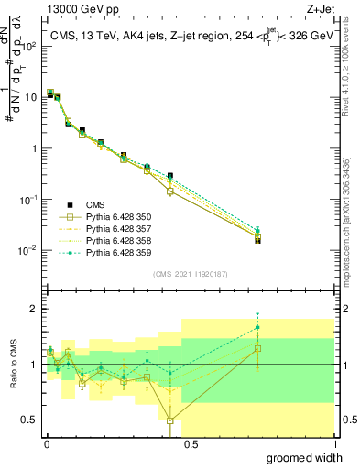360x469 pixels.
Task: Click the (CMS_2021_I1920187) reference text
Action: tap(191, 274)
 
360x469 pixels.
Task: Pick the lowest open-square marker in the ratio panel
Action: tap(170, 421)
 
